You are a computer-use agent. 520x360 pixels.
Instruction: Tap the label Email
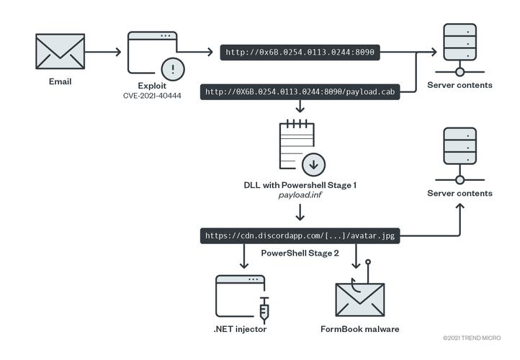pyautogui.click(x=60, y=81)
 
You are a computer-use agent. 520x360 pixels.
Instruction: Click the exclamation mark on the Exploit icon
pyautogui.click(x=173, y=69)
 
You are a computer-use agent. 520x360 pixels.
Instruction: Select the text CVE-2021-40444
pyautogui.click(x=152, y=96)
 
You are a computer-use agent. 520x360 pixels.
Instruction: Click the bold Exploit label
pyautogui.click(x=152, y=85)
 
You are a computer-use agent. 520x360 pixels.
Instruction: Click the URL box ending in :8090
pyautogui.click(x=299, y=52)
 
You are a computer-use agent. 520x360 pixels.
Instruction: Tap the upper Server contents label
pyautogui.click(x=460, y=85)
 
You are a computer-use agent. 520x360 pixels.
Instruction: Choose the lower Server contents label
pyautogui.click(x=460, y=193)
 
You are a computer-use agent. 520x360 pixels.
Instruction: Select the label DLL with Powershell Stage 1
pyautogui.click(x=300, y=185)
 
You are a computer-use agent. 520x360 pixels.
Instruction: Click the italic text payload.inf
pyautogui.click(x=300, y=196)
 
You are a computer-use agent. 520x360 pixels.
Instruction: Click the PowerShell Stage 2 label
pyautogui.click(x=300, y=253)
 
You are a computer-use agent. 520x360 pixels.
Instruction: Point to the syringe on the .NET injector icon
pyautogui.click(x=264, y=310)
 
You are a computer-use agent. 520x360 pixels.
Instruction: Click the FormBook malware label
pyautogui.click(x=359, y=329)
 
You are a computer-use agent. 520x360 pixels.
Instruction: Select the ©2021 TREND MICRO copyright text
pyautogui.click(x=477, y=337)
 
